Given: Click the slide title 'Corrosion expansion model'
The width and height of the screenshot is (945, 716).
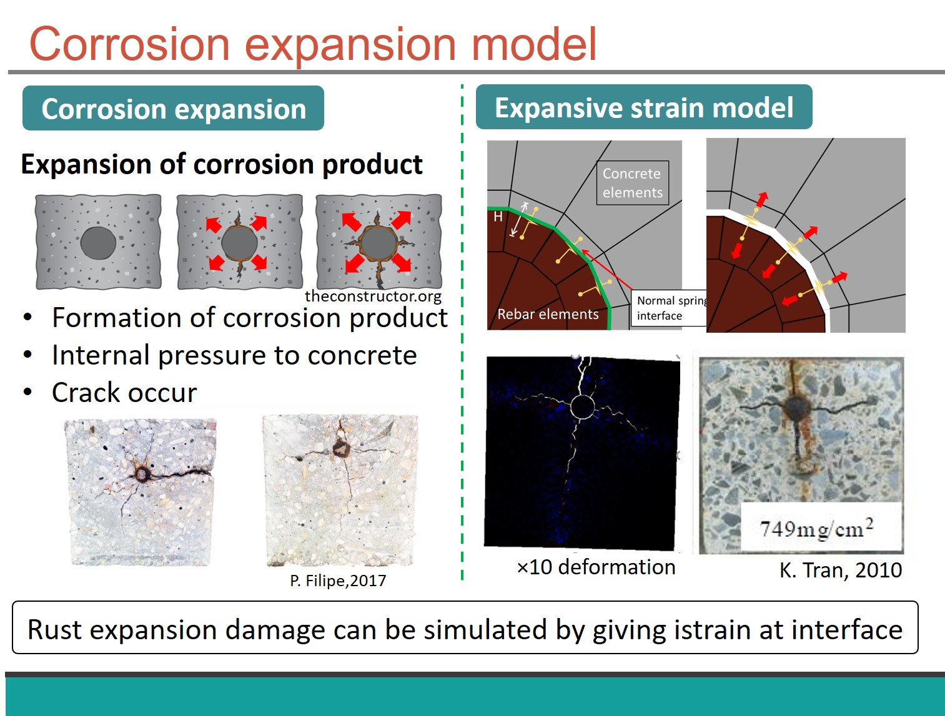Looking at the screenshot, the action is coord(312,44).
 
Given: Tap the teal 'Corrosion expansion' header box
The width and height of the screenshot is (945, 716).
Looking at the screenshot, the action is coord(173,108).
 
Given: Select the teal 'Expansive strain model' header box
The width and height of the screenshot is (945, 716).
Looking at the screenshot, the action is coord(644,107).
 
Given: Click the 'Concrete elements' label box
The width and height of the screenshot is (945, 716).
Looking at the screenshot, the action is coord(633,183).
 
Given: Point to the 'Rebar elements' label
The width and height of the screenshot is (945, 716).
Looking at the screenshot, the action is coord(548,314).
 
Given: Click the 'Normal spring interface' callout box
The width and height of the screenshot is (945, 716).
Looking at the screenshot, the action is coord(669,308).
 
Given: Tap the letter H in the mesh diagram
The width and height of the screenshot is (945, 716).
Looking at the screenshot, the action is coord(498,217).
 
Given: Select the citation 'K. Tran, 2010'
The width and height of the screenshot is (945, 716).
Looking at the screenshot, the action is coord(841,570).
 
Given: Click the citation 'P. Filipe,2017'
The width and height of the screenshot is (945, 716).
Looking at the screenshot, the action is coord(338,581).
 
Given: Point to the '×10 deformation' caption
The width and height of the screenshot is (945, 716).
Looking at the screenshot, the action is coord(596,567).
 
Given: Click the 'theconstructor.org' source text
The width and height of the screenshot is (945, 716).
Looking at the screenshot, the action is coord(373,297).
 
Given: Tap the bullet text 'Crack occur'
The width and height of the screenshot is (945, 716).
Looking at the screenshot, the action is coord(124,393).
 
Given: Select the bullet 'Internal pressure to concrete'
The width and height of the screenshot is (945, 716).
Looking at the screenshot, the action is coord(234,355).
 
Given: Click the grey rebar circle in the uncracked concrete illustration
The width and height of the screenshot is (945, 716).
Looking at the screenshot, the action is coord(98,243).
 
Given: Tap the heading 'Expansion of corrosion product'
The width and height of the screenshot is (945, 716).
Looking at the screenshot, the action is coord(222,164).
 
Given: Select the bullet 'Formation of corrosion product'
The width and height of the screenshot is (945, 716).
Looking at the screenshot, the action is coord(250,318).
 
